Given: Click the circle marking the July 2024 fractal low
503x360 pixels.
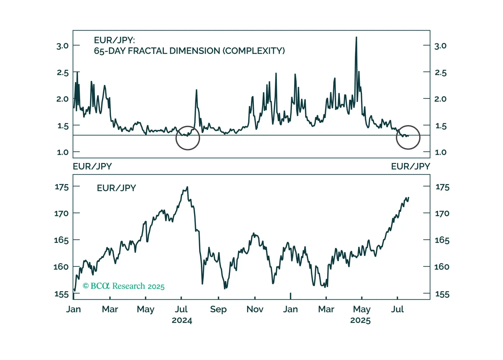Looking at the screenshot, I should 188,138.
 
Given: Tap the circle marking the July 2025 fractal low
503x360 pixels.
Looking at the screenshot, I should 408,137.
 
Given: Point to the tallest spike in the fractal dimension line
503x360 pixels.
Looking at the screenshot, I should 356,38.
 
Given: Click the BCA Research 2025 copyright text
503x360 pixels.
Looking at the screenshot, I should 123,286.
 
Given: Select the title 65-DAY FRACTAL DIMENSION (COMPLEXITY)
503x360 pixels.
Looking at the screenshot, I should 189,51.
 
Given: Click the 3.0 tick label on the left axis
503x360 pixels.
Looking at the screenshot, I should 62,46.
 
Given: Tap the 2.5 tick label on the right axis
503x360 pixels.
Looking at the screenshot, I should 441,73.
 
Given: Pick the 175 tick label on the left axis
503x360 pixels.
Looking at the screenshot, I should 62,187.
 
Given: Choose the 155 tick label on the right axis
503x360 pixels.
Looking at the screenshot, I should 442,294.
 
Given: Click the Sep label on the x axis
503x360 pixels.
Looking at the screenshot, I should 218,309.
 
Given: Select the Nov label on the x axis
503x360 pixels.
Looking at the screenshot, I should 255,309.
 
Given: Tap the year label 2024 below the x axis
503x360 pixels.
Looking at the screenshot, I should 182,320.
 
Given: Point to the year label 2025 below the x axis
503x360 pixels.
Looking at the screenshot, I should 360,320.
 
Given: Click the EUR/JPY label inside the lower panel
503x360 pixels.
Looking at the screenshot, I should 117,188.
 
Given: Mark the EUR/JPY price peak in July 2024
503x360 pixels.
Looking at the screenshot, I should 187,187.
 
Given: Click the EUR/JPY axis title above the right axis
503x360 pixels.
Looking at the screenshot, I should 410,166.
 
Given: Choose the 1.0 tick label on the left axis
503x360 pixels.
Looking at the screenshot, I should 62,152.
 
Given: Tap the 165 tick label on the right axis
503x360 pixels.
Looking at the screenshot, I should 442,240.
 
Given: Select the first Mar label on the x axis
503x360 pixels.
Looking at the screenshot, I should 110,309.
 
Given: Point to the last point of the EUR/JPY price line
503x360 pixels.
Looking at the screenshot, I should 409,198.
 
